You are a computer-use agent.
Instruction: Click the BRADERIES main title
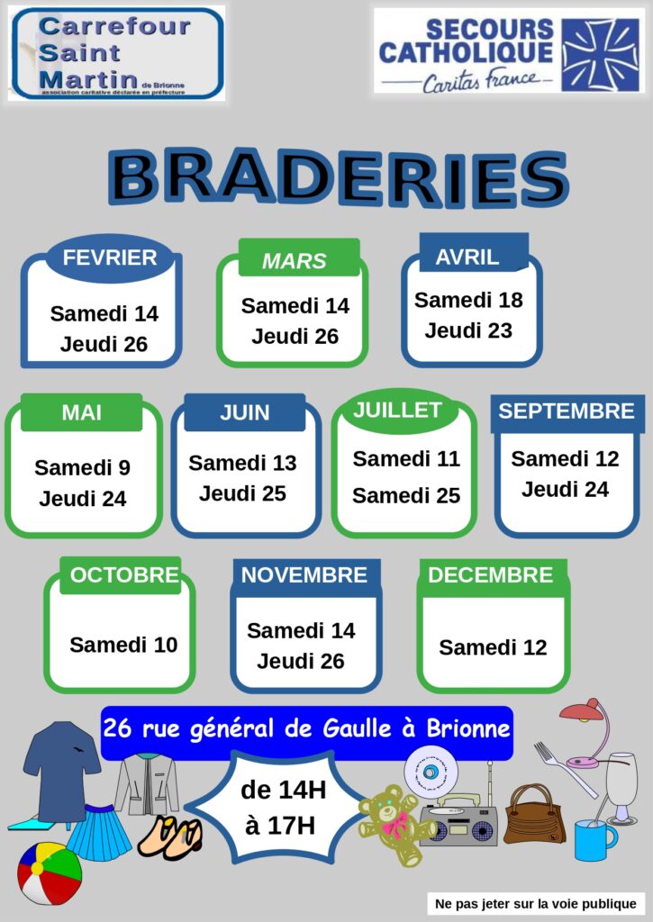tap(338, 177)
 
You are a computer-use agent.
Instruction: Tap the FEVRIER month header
tap(110, 258)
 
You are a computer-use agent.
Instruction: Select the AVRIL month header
tap(467, 257)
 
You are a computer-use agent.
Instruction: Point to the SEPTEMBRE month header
tap(567, 411)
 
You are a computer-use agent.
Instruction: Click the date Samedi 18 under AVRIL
tap(468, 300)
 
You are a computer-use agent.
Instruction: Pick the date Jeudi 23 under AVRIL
tap(468, 330)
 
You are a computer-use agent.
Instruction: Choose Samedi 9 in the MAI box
tap(82, 467)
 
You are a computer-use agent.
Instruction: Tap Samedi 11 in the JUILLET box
tap(406, 458)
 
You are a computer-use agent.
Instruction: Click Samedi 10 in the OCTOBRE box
tap(123, 645)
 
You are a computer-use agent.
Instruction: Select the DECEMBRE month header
tap(491, 575)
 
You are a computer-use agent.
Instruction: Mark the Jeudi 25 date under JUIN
tap(242, 493)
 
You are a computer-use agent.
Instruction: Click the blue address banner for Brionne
tap(307, 728)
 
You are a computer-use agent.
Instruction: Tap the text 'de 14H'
tap(283, 791)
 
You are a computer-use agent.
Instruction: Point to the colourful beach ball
tap(50, 872)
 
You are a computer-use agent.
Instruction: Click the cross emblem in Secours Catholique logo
tap(601, 53)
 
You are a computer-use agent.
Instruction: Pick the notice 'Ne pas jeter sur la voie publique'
tap(536, 903)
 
